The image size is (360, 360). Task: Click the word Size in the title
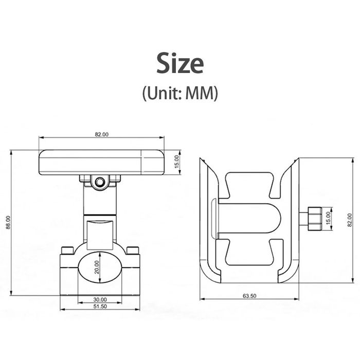[180, 63]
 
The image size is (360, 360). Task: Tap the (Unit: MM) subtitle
[180, 93]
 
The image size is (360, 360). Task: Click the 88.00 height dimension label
[8, 222]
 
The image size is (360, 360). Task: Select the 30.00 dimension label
[100, 300]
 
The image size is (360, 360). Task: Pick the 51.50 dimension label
[100, 307]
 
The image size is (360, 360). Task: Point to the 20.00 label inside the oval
[97, 267]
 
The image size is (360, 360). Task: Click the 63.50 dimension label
[249, 296]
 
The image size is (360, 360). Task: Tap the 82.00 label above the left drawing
[102, 134]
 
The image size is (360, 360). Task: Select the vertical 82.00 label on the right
[350, 220]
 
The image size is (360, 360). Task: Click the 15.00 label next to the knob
[328, 218]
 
